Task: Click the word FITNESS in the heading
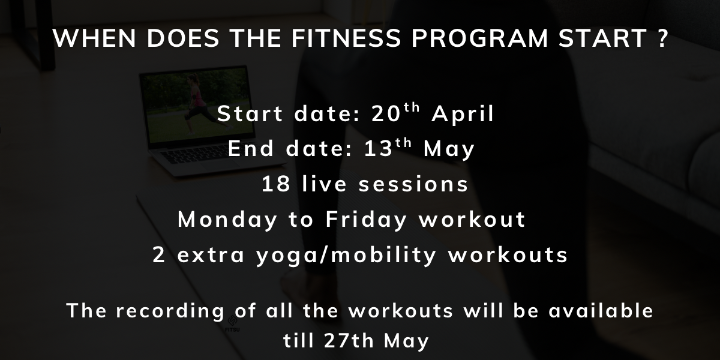(x=346, y=38)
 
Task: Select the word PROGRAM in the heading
(x=479, y=38)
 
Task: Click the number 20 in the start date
(x=386, y=113)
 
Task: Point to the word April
(x=463, y=115)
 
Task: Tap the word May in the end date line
(x=449, y=149)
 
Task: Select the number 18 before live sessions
(x=276, y=184)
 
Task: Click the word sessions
(x=413, y=185)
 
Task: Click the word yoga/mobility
(x=346, y=256)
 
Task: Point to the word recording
(x=170, y=311)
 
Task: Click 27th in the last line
(x=349, y=340)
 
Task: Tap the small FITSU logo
(x=232, y=323)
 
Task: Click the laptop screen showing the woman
(x=197, y=105)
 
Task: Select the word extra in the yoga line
(x=211, y=256)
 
